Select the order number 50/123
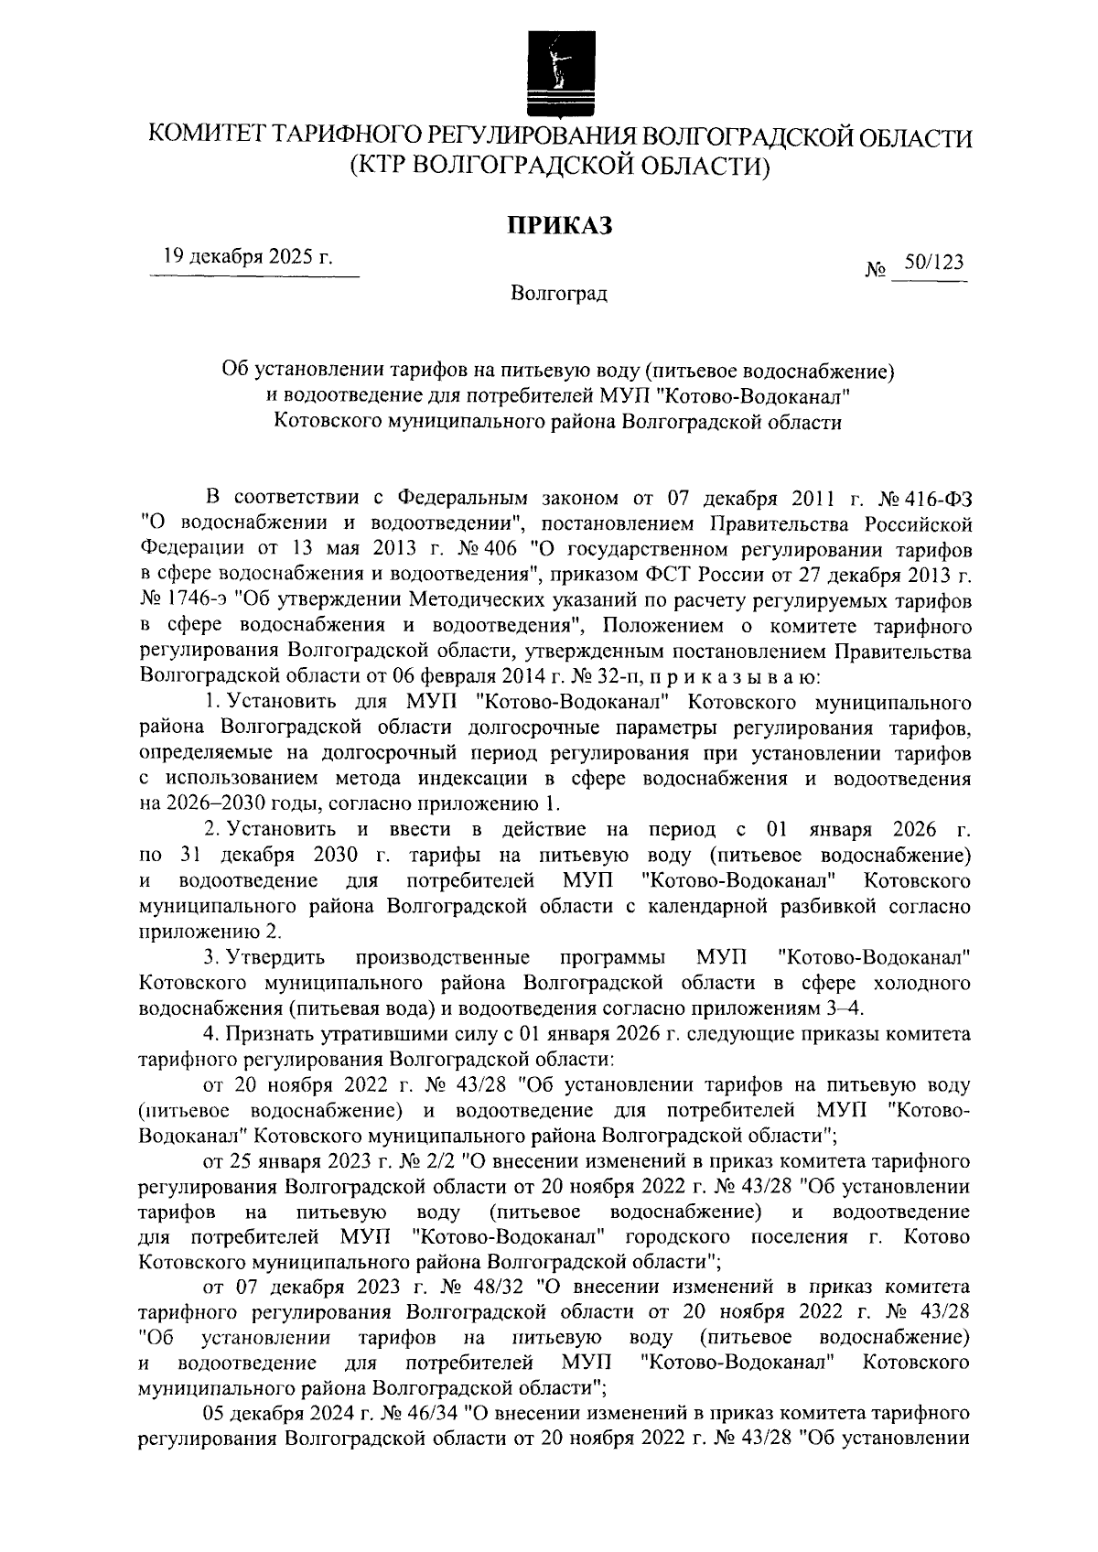[x=933, y=262]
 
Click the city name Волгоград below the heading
[x=559, y=294]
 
